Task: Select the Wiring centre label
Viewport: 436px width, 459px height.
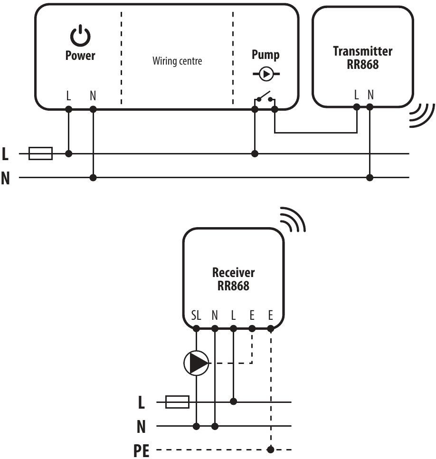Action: tap(177, 61)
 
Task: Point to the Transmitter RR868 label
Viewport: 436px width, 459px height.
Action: tap(362, 57)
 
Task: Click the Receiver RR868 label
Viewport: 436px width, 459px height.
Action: tap(233, 279)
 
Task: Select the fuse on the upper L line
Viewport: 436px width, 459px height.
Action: tap(40, 153)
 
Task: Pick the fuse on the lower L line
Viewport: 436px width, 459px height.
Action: tap(177, 402)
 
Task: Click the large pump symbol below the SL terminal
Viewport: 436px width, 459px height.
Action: tap(196, 363)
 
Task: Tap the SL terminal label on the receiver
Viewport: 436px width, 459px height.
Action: tap(196, 315)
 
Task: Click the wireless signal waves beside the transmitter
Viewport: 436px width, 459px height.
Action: tap(422, 115)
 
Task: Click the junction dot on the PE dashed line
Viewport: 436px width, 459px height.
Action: tap(271, 449)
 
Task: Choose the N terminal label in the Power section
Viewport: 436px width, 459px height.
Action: tap(93, 96)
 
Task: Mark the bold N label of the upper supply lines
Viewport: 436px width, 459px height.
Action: tap(6, 179)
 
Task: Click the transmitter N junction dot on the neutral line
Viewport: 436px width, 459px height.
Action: tap(370, 178)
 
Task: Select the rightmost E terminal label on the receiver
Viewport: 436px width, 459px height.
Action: tap(271, 315)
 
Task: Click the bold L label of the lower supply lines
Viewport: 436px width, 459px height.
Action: tap(141, 403)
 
